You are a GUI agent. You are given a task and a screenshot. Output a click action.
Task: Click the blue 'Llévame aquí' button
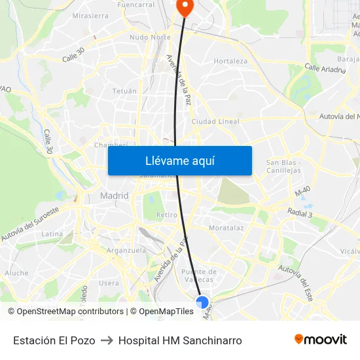179,161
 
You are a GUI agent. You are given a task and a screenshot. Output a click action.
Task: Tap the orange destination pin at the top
185,6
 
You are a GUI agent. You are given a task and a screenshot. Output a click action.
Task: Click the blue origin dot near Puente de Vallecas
202,302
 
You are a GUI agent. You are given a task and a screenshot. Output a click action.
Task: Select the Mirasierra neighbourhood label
91,15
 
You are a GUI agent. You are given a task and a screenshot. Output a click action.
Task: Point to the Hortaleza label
230,61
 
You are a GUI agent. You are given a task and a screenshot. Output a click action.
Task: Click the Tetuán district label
124,91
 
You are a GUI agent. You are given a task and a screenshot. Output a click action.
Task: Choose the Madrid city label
114,196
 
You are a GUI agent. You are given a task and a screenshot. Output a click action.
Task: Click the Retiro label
167,215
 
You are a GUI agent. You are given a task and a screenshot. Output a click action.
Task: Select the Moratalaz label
226,228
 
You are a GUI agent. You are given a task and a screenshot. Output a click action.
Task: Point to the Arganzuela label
126,250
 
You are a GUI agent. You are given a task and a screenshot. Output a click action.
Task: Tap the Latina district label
52,234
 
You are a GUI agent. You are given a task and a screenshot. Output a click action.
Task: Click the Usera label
109,283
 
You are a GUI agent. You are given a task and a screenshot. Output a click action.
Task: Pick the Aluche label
16,273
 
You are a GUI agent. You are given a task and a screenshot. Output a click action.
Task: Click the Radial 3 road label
300,213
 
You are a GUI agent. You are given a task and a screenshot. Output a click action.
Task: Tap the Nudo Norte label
150,37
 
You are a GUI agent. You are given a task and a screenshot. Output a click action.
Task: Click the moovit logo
320,340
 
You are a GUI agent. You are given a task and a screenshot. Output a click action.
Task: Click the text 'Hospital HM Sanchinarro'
180,340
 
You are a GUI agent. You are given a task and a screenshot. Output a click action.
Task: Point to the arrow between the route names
107,340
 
